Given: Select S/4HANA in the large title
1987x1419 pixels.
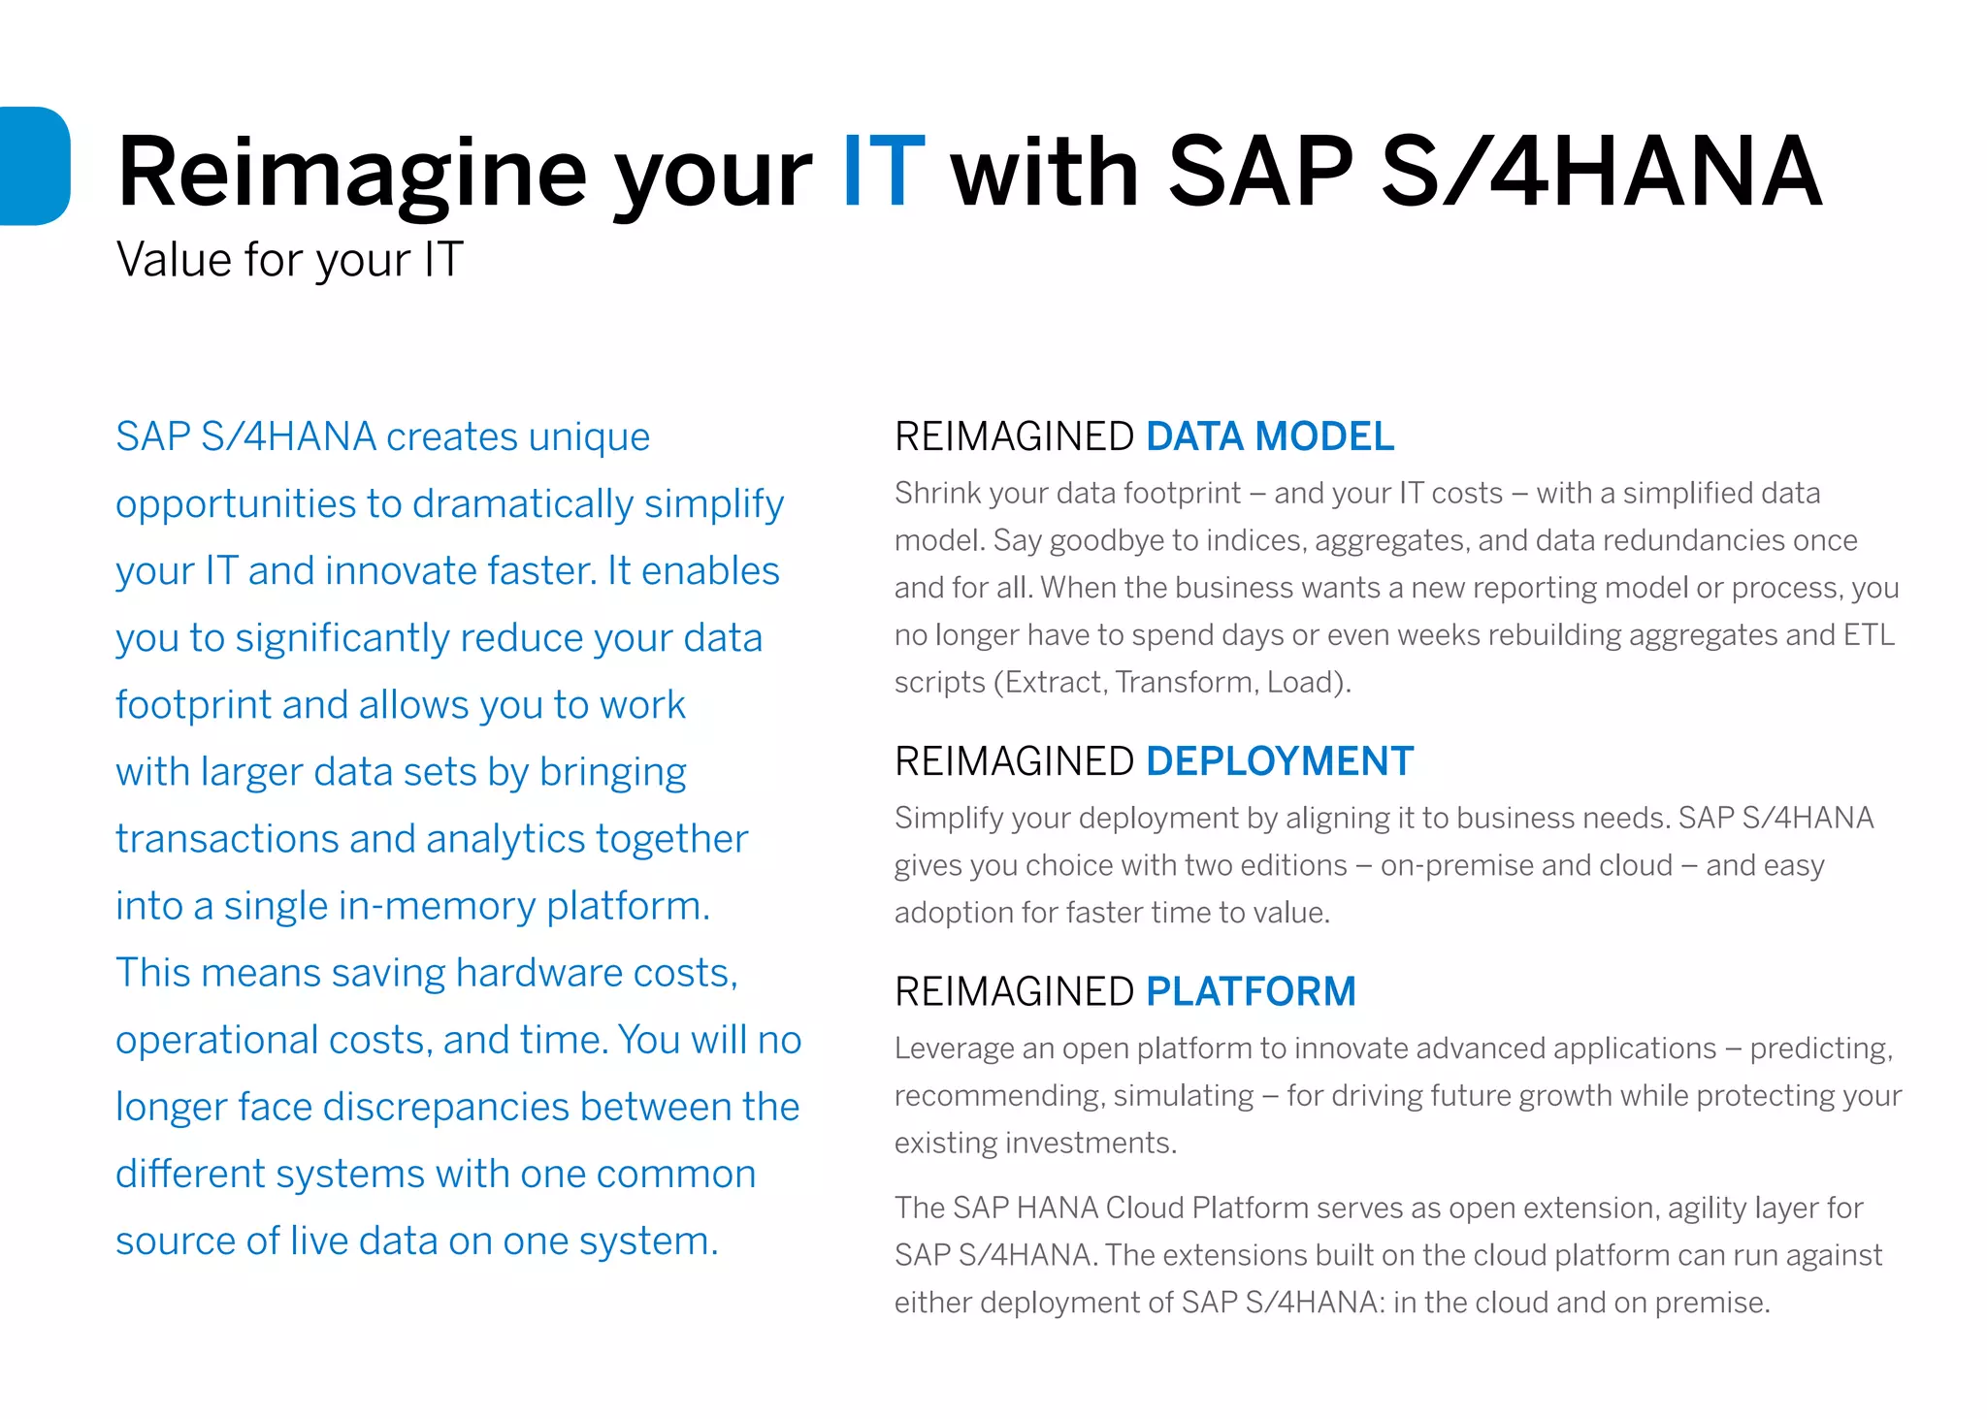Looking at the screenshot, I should [x=1601, y=173].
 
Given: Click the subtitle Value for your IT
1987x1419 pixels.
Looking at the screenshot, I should [x=289, y=260].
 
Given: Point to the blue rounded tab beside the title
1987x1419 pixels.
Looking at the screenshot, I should [x=35, y=166].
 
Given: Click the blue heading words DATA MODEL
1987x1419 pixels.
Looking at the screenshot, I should [x=1270, y=436].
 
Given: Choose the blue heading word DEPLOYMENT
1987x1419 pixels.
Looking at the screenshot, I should [x=1280, y=761].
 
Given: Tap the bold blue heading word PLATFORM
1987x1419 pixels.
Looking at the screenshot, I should [x=1251, y=991].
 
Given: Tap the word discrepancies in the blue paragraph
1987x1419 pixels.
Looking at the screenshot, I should [x=446, y=1107].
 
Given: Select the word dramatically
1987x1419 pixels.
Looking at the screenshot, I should [x=523, y=504].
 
